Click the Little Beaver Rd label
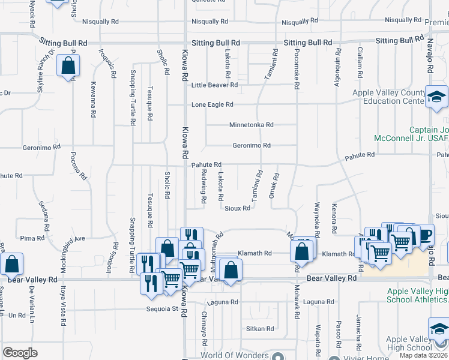(214, 85)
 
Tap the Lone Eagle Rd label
(212, 104)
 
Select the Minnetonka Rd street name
(251, 125)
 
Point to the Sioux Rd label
(237, 208)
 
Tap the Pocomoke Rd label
(297, 70)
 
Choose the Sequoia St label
(163, 310)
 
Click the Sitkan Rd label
(260, 329)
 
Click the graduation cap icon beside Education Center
(436, 96)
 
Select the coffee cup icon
(425, 235)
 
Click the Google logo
(20, 353)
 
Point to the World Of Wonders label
(235, 355)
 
